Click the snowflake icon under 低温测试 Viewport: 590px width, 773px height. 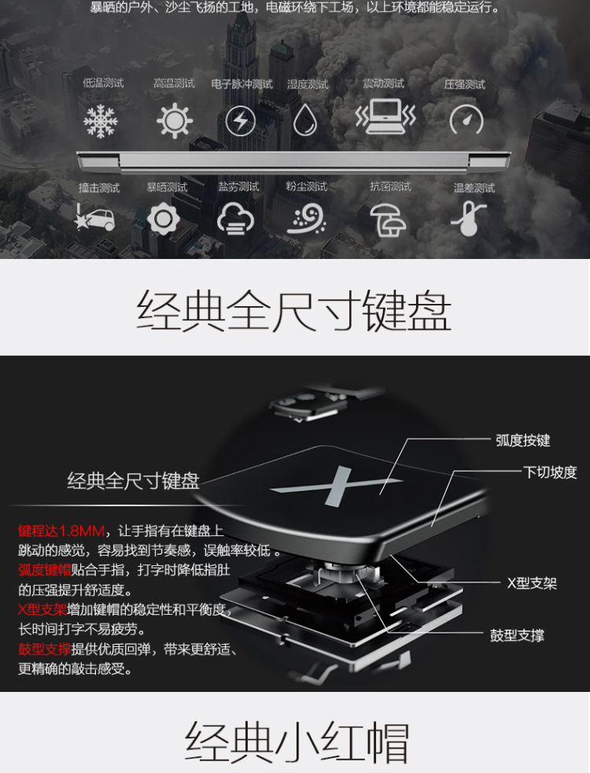pyautogui.click(x=101, y=120)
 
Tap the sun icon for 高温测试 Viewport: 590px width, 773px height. pyautogui.click(x=175, y=120)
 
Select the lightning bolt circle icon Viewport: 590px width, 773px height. pyautogui.click(x=241, y=120)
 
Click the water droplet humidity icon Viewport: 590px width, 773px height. pyautogui.click(x=305, y=120)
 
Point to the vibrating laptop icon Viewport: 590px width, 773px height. pyautogui.click(x=385, y=117)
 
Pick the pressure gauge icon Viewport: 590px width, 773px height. pyautogui.click(x=466, y=120)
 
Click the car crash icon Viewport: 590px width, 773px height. pyautogui.click(x=94, y=217)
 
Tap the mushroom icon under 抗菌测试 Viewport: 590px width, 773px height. pyautogui.click(x=389, y=220)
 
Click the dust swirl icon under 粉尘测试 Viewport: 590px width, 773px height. pyautogui.click(x=306, y=219)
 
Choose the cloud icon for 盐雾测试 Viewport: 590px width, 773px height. pyautogui.click(x=235, y=219)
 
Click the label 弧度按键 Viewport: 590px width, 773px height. pyautogui.click(x=522, y=440)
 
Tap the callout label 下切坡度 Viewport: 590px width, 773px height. pyautogui.click(x=550, y=472)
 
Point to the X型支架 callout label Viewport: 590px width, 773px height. pyautogui.click(x=532, y=584)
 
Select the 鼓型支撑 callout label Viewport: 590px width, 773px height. pyautogui.click(x=517, y=635)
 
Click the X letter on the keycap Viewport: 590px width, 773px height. pyautogui.click(x=337, y=486)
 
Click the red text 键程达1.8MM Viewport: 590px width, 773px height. pyautogui.click(x=61, y=531)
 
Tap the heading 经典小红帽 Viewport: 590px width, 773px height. pyautogui.click(x=297, y=743)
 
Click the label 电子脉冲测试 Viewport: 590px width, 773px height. pyautogui.click(x=242, y=84)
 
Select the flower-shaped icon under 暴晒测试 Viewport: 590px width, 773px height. pyautogui.click(x=164, y=218)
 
